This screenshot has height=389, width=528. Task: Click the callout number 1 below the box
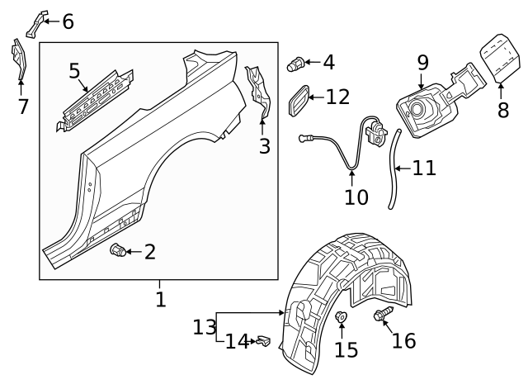point(160,299)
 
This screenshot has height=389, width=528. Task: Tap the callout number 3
point(264,147)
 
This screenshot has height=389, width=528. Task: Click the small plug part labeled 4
point(295,63)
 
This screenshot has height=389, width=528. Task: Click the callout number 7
point(22,106)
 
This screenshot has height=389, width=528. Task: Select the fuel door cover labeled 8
point(498,56)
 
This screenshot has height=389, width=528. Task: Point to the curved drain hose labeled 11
point(392,169)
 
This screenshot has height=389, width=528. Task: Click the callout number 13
point(204,326)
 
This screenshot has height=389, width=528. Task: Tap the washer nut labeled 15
point(340,317)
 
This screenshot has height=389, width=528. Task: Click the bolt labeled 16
point(383,315)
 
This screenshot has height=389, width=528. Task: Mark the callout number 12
point(337,97)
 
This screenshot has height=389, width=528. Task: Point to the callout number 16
point(403,341)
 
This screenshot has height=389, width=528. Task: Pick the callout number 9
point(422,61)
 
